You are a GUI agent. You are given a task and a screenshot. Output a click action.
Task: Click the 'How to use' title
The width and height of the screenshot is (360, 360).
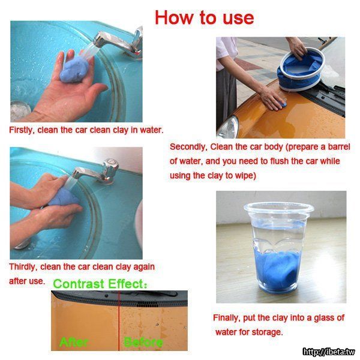coord(205,17)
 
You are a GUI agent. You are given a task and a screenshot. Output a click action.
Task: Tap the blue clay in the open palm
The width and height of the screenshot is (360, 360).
coord(74,70)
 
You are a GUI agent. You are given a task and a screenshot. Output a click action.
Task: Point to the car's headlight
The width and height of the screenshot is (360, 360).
coord(229,128)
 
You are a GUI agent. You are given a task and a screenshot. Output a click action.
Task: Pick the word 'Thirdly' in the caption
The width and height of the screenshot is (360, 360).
coord(23,267)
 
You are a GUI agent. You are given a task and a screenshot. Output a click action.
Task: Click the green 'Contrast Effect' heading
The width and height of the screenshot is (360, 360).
coord(100,284)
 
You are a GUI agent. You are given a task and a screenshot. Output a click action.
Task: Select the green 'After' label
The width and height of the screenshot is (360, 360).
coord(73,343)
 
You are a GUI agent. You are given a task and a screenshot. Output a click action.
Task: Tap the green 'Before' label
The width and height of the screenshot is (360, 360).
coord(143,343)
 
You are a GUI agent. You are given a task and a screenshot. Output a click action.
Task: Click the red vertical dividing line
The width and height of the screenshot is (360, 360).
coord(119,320)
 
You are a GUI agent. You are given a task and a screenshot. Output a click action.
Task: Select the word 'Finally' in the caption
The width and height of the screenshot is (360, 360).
coord(227,318)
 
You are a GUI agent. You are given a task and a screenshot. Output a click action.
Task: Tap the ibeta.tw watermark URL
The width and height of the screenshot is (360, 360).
coord(329,352)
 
